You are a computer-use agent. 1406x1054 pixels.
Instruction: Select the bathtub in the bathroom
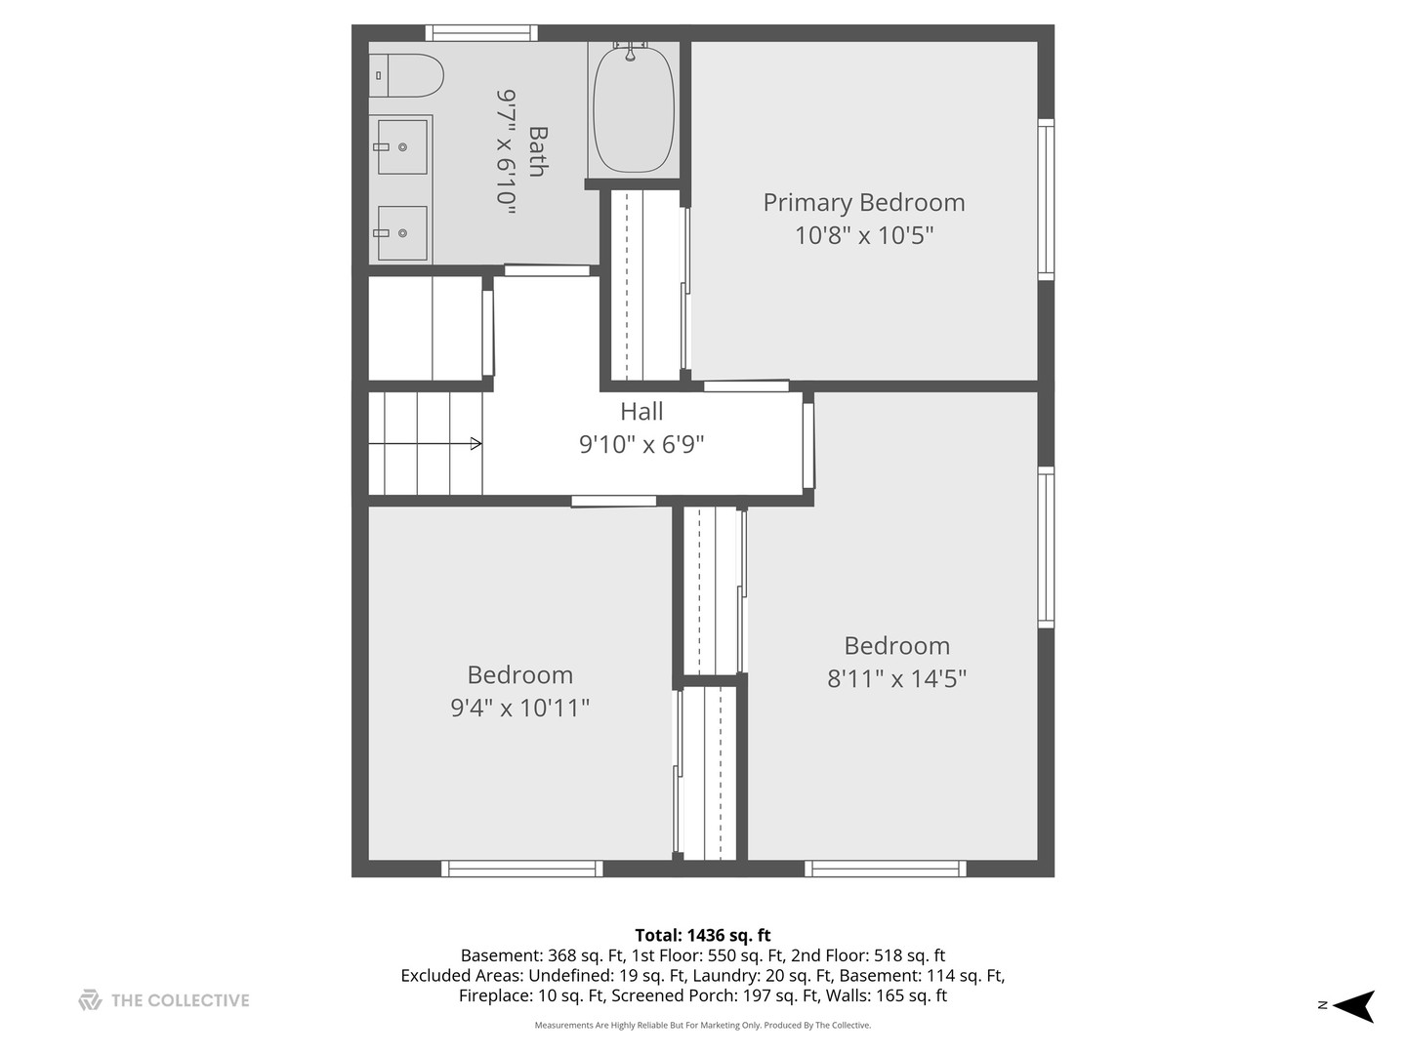click(x=634, y=109)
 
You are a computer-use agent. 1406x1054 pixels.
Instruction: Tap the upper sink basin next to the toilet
click(x=402, y=147)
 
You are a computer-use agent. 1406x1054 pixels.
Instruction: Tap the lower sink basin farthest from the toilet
click(x=402, y=233)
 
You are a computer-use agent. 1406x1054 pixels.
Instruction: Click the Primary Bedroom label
click(x=863, y=203)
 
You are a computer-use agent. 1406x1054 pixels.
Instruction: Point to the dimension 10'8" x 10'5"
click(x=863, y=235)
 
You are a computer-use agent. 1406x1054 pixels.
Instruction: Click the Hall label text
click(x=641, y=412)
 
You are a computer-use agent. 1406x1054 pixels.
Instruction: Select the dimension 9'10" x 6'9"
click(x=641, y=445)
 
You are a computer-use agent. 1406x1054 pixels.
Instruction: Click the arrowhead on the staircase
click(x=476, y=444)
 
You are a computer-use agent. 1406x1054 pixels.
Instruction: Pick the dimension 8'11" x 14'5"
click(x=896, y=678)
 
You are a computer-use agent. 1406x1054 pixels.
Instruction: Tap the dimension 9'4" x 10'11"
click(x=519, y=708)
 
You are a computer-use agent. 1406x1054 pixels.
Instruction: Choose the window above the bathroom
click(x=481, y=33)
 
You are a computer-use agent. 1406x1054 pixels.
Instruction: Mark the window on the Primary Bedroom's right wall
click(x=1045, y=200)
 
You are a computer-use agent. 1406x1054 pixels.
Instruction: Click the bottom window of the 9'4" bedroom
click(x=521, y=869)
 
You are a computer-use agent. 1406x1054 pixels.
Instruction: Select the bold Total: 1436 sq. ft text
click(x=702, y=935)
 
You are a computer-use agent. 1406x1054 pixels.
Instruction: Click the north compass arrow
click(x=1354, y=1005)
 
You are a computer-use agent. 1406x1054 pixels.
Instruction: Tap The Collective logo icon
click(x=90, y=1000)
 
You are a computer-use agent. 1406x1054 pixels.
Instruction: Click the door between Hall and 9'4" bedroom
click(x=613, y=502)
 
